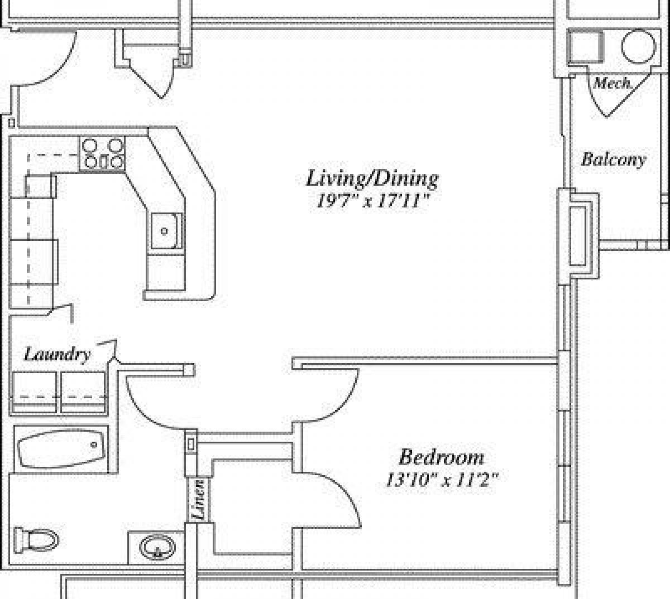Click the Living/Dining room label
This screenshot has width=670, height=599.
click(x=372, y=178)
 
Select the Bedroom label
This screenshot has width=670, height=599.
click(x=441, y=457)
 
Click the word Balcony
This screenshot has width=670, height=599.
click(x=613, y=160)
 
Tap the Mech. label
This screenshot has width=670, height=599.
click(x=612, y=84)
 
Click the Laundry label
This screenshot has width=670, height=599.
click(x=57, y=354)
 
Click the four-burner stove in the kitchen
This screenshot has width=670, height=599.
click(x=103, y=154)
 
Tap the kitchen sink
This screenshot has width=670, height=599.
click(x=166, y=230)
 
